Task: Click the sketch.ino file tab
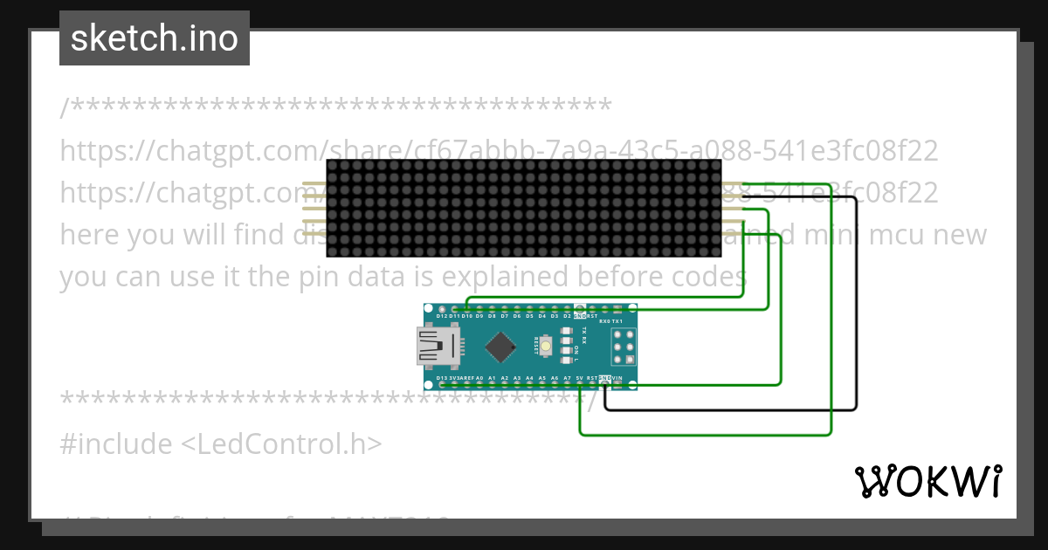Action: (x=154, y=38)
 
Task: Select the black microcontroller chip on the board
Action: (x=500, y=347)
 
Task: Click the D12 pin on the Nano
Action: (x=442, y=309)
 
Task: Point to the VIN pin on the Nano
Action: (x=617, y=384)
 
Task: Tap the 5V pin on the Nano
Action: (x=579, y=384)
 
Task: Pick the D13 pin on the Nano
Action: (x=442, y=384)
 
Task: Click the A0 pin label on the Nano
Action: (x=479, y=378)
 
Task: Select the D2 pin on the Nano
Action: (x=567, y=309)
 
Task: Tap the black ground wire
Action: (x=857, y=306)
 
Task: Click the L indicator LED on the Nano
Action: (x=566, y=360)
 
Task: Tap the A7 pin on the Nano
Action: (x=567, y=384)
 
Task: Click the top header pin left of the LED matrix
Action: (x=313, y=184)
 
